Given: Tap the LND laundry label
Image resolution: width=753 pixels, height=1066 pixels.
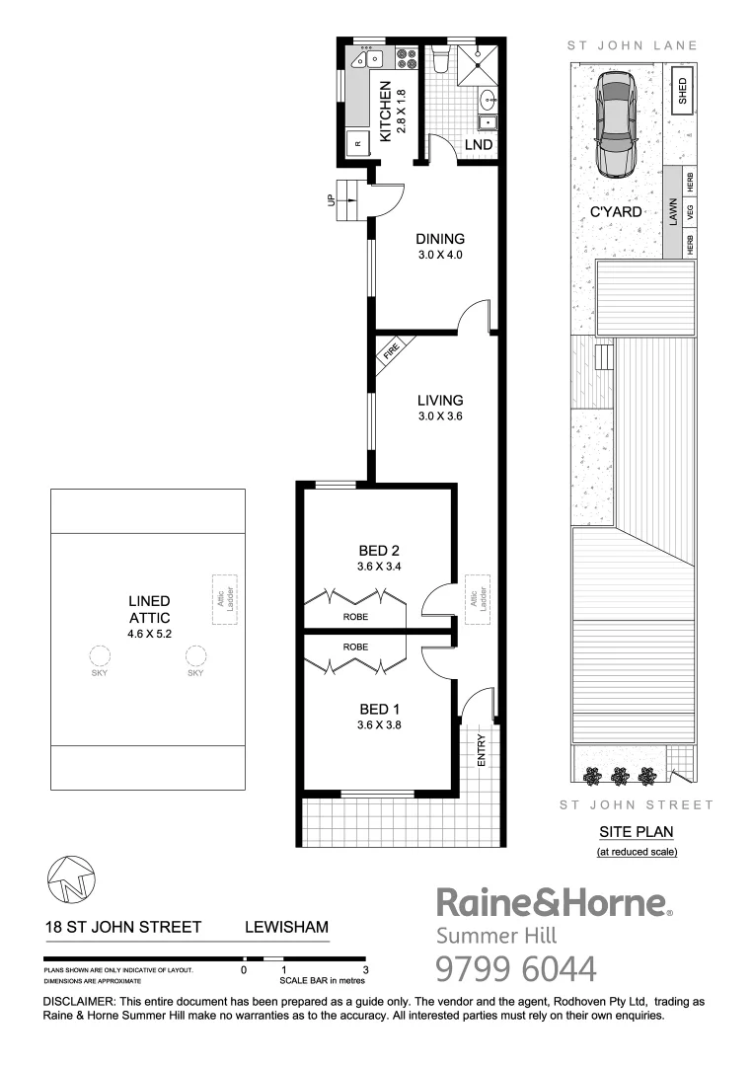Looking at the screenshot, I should pyautogui.click(x=479, y=145).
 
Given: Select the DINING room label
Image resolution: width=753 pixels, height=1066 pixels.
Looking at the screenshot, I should pyautogui.click(x=439, y=239).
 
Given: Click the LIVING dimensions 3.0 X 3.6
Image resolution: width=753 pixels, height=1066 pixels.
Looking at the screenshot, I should pyautogui.click(x=439, y=417).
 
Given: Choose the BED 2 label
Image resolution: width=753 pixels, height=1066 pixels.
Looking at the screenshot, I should pyautogui.click(x=379, y=550).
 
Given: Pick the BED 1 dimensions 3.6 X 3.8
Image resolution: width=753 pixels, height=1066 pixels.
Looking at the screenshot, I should pyautogui.click(x=379, y=724).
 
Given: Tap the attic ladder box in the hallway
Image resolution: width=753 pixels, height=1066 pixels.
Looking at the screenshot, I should pyautogui.click(x=484, y=598).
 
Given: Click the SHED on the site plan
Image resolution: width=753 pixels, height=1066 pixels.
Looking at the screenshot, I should pyautogui.click(x=682, y=92).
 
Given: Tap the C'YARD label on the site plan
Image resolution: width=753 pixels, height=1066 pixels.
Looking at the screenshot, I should pyautogui.click(x=617, y=211).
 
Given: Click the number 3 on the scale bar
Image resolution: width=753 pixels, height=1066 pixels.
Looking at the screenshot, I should pyautogui.click(x=365, y=970).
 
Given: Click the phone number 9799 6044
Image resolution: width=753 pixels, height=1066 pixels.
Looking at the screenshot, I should pyautogui.click(x=516, y=967).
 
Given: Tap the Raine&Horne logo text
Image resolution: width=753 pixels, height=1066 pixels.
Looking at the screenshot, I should pyautogui.click(x=553, y=903).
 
